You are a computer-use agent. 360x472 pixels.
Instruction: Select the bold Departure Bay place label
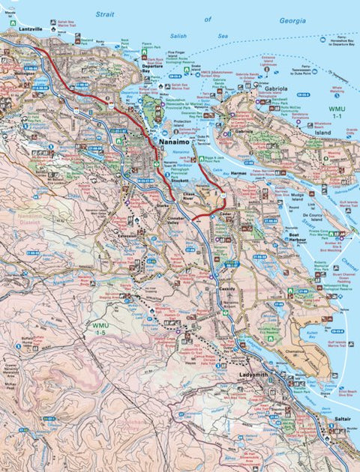[x=151, y=68]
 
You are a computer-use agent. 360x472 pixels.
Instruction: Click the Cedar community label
[x=224, y=214]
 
